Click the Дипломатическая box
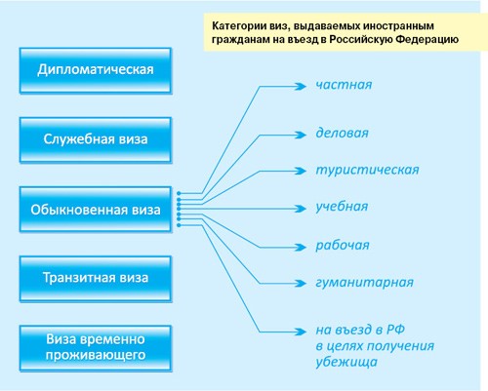(x=96, y=69)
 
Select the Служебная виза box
(x=96, y=138)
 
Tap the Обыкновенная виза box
(x=96, y=208)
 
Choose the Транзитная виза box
(x=96, y=278)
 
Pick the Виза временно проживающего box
(x=96, y=347)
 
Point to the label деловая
(x=342, y=132)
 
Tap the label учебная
(x=342, y=206)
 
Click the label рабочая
(x=343, y=244)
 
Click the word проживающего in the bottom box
(x=96, y=356)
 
